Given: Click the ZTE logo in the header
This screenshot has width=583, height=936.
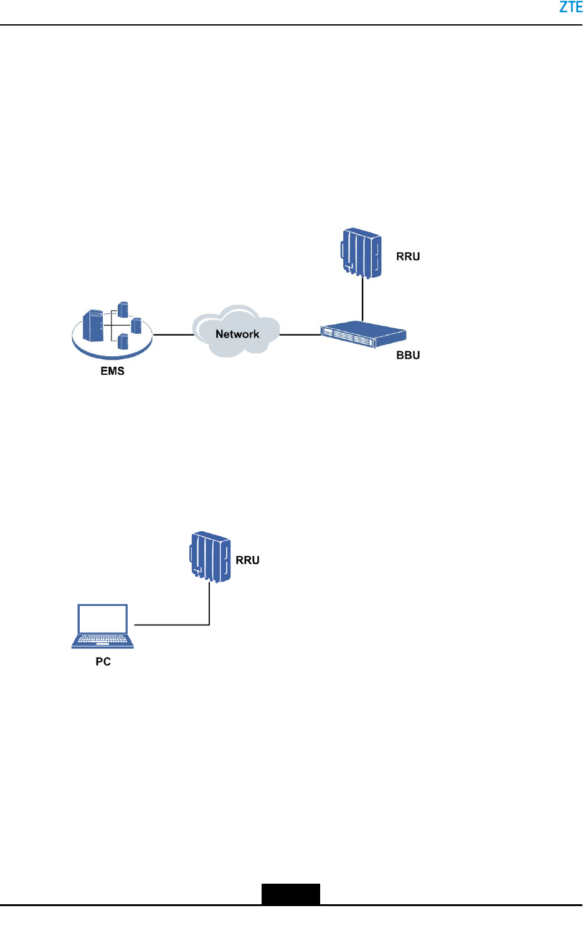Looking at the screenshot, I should click(571, 7).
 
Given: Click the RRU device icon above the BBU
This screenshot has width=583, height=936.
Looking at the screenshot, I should click(361, 252).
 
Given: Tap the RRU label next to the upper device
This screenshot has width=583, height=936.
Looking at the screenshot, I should click(408, 257).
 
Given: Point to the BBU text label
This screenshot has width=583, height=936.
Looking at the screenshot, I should click(408, 356).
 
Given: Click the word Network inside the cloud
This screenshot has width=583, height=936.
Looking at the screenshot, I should click(237, 334).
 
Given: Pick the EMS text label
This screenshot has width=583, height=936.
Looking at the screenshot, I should click(113, 371).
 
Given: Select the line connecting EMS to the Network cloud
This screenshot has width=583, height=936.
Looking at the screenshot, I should click(173, 335).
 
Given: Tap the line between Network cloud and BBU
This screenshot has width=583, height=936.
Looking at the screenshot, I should click(300, 335).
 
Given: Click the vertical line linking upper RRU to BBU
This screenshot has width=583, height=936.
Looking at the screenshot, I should click(363, 299).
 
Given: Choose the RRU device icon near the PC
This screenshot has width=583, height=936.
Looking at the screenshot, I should click(211, 556).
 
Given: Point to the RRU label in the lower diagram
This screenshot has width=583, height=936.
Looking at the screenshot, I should click(247, 560).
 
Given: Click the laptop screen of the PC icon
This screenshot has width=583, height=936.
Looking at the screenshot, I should click(103, 618).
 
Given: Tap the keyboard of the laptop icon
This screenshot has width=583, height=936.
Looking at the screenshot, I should click(103, 640).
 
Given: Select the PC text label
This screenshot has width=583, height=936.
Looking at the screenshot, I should click(103, 662).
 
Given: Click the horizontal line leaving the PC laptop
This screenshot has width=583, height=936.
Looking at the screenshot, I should click(171, 624).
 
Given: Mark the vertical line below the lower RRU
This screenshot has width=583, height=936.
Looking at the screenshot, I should click(209, 603).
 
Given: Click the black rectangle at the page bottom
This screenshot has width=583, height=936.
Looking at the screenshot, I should click(290, 894).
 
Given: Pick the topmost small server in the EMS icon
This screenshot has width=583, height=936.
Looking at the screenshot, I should click(123, 309).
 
